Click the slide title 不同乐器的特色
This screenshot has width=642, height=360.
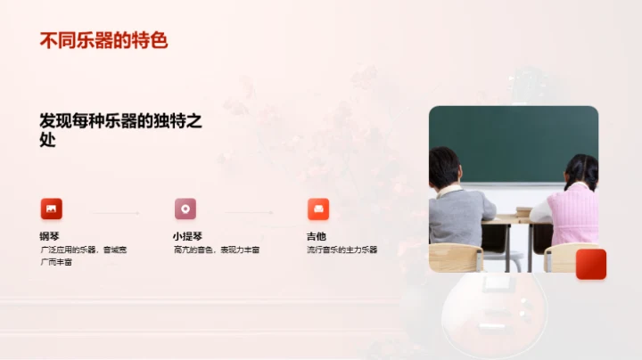(x=103, y=40)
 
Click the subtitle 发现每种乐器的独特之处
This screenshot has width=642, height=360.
(x=120, y=130)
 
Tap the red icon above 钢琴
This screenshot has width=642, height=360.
(x=52, y=209)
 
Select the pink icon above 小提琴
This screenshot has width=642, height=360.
(x=185, y=209)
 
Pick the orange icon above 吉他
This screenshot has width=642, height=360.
(x=318, y=209)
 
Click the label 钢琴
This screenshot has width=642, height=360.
(x=49, y=236)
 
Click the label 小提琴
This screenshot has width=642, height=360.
(x=186, y=236)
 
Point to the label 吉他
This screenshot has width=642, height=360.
(x=316, y=236)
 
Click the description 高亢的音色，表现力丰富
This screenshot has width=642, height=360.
(x=217, y=250)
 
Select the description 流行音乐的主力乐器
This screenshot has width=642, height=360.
(x=342, y=250)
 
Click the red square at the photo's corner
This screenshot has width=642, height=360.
(x=590, y=264)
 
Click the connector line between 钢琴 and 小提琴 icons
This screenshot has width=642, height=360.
(x=115, y=213)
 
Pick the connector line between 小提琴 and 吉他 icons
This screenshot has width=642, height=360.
(x=249, y=213)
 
